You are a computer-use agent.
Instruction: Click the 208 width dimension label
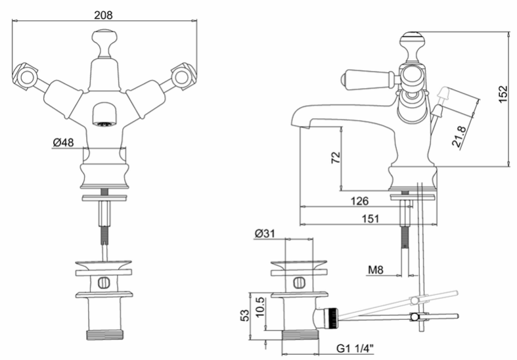(103, 15)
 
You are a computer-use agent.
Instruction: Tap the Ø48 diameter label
(63, 143)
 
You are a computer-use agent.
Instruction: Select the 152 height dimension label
(503, 94)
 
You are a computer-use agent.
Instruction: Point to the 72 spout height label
(335, 158)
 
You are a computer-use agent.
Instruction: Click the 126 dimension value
(359, 201)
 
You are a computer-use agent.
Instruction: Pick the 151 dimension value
(371, 219)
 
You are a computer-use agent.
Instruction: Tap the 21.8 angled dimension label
(459, 136)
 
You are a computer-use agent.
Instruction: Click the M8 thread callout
(376, 270)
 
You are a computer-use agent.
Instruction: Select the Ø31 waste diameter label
(265, 233)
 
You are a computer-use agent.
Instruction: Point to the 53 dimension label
(244, 315)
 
